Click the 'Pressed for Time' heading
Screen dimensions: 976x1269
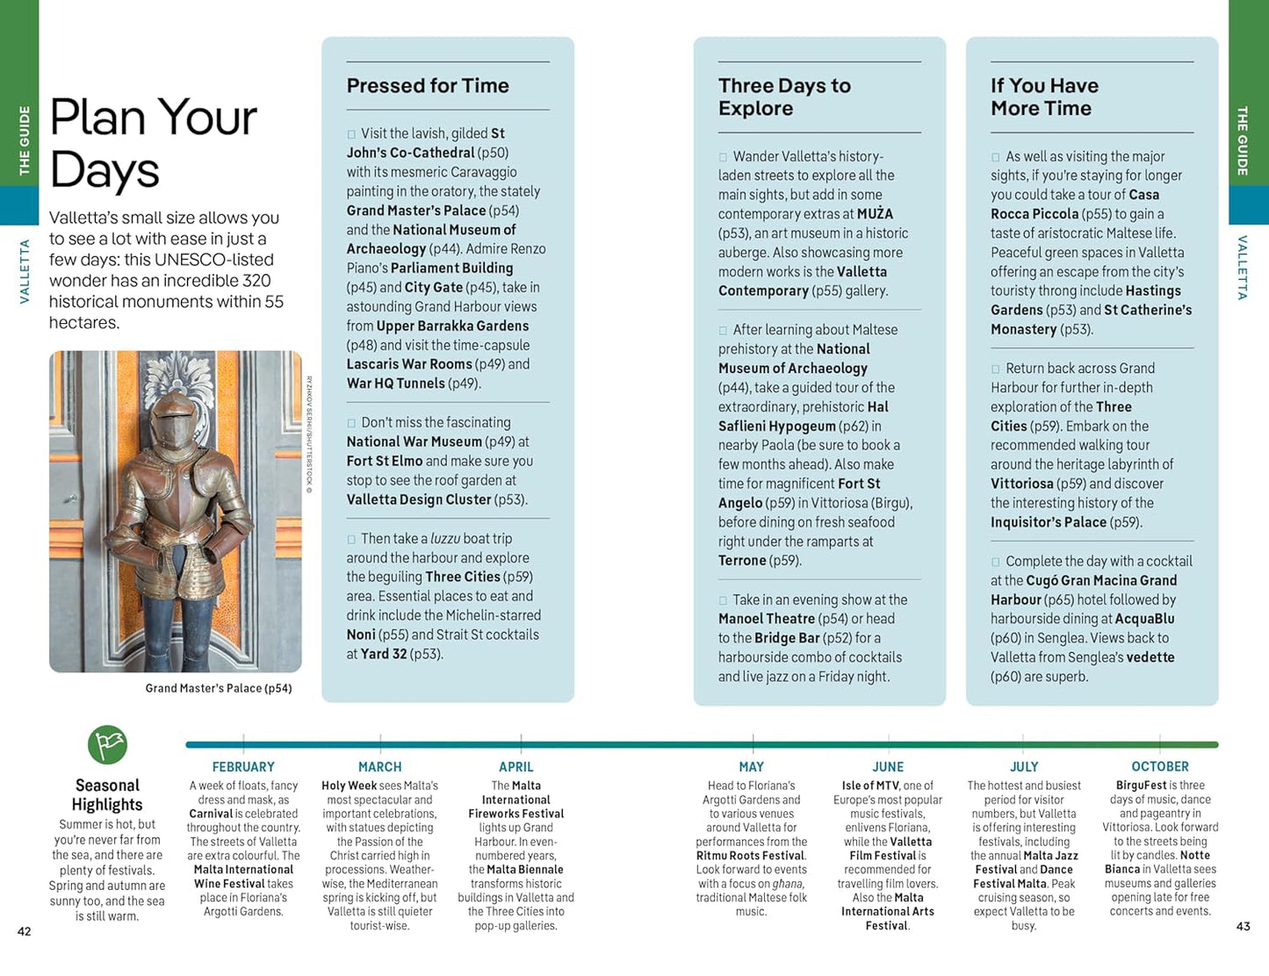tap(428, 86)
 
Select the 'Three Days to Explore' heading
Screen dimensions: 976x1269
tap(784, 97)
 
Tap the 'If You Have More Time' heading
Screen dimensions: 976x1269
tap(1044, 97)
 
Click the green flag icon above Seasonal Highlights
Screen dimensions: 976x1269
tap(107, 745)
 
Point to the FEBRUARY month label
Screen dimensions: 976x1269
tap(243, 767)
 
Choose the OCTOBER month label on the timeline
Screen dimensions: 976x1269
tap(1160, 767)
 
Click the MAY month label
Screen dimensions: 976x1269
tap(752, 767)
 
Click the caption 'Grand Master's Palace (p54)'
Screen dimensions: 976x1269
tap(219, 688)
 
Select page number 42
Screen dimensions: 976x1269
tap(25, 931)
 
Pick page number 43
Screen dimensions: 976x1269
tap(1243, 926)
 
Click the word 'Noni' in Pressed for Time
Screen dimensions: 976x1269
tap(361, 635)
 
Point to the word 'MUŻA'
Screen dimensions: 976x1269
tap(875, 214)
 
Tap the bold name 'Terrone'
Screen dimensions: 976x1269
tap(742, 561)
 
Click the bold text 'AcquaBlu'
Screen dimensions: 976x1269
tap(1144, 619)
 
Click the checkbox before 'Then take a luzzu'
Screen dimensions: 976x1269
tap(351, 540)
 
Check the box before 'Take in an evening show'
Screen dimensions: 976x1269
tap(724, 601)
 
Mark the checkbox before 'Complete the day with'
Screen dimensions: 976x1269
tap(996, 563)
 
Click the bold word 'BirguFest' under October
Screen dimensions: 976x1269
tap(1141, 786)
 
